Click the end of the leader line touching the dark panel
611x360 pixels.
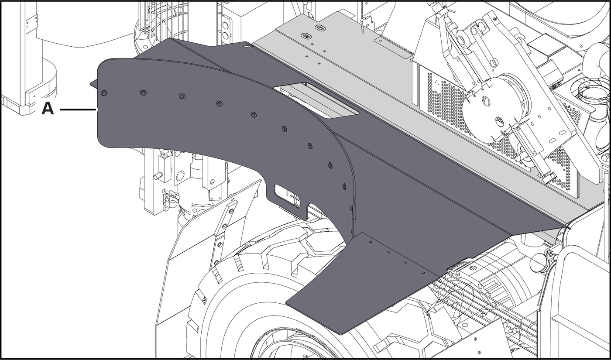click(97, 110)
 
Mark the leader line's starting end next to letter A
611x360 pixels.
click(60, 110)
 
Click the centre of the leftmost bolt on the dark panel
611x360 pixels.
click(104, 93)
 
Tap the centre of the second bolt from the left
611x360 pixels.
click(142, 93)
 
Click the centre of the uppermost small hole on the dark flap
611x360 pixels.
click(371, 242)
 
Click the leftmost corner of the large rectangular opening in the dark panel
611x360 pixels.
click(274, 88)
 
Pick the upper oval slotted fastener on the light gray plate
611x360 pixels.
click(320, 27)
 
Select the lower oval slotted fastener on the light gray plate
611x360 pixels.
click(306, 36)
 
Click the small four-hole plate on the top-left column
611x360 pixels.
click(31, 24)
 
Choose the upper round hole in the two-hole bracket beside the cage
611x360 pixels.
click(225, 26)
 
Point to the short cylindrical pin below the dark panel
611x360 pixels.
click(158, 175)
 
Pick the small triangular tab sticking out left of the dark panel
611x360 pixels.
click(94, 84)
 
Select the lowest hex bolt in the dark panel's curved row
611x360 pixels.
click(344, 187)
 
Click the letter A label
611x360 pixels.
click(48, 110)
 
